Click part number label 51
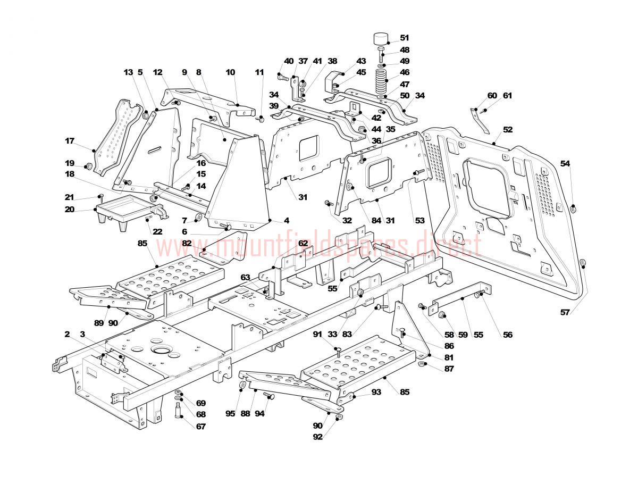pos(404,38)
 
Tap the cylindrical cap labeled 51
pos(379,39)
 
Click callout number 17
pos(70,141)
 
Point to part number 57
pos(565,312)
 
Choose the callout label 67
pos(200,427)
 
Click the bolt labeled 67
pos(178,411)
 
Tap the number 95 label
pos(230,413)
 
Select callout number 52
pos(508,129)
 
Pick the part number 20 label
pos(70,210)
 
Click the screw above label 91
pos(338,350)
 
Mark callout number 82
pos(186,243)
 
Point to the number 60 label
pos(492,96)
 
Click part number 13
pos(129,72)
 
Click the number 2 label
pos(68,334)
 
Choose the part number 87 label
pos(449,369)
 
